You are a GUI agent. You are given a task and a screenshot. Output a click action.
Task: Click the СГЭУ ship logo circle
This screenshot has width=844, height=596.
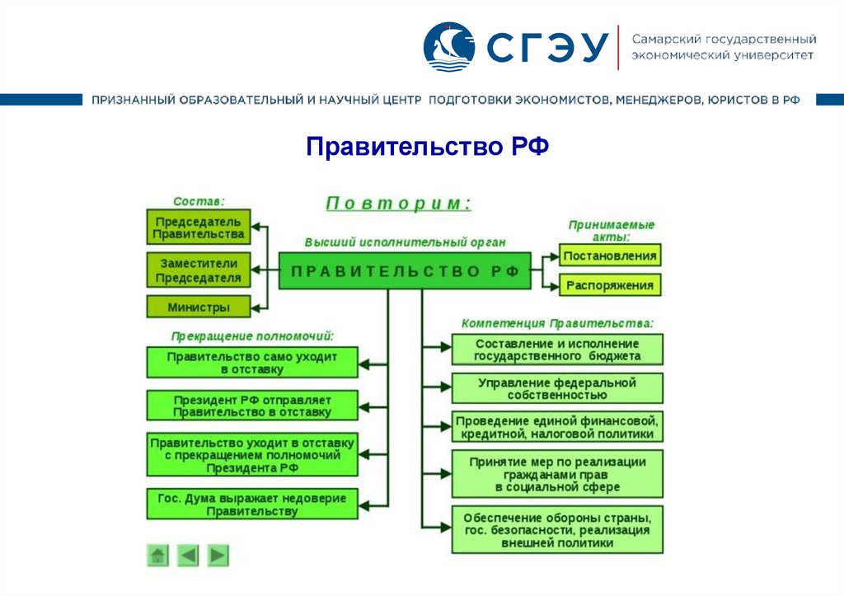[448, 47]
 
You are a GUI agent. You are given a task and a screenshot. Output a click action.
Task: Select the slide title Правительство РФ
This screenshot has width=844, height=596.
[428, 148]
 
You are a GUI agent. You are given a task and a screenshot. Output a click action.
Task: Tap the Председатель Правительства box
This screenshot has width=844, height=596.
[198, 228]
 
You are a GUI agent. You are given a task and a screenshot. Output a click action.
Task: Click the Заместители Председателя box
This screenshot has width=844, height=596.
[198, 270]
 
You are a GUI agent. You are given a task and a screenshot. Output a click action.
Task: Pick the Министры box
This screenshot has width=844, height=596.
[198, 307]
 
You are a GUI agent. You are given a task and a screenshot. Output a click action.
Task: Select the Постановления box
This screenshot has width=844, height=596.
[610, 256]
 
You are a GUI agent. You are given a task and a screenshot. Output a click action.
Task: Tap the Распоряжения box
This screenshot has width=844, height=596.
[610, 286]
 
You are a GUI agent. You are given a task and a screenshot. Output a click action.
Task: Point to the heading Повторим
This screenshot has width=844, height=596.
[399, 203]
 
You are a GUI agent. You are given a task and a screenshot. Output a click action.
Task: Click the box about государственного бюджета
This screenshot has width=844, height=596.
[557, 350]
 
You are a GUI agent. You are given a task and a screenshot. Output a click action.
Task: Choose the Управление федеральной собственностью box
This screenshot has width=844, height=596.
[557, 388]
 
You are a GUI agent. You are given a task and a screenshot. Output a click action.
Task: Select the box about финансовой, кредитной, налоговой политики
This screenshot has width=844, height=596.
[557, 427]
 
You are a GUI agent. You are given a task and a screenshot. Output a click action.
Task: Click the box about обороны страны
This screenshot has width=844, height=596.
[557, 530]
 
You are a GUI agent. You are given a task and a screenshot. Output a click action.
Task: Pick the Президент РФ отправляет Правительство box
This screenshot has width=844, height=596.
[252, 405]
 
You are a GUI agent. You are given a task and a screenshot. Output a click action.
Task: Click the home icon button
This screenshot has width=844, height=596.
[158, 556]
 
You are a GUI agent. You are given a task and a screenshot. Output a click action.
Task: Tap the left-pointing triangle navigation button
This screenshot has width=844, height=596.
[188, 556]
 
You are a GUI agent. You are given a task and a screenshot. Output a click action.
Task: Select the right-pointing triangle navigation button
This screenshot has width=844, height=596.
[218, 556]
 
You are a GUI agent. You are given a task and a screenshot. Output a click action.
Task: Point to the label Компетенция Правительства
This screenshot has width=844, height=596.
[557, 323]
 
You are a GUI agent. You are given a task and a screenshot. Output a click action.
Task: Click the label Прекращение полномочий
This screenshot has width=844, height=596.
[252, 336]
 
